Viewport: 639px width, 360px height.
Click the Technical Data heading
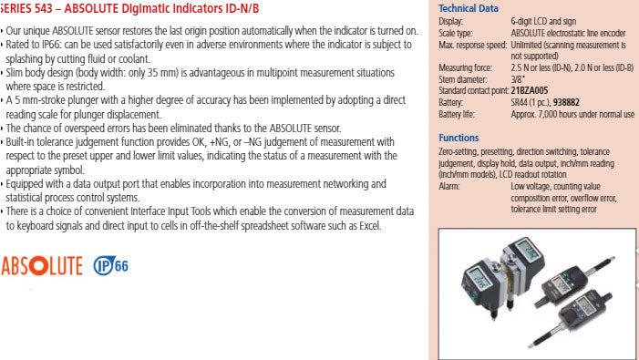469,8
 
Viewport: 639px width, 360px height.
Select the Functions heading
459,138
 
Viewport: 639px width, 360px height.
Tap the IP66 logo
111,266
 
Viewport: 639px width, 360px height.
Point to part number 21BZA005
530,91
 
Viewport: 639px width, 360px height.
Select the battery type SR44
521,103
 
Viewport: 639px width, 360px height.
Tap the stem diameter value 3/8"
518,81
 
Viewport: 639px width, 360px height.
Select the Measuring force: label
468,68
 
